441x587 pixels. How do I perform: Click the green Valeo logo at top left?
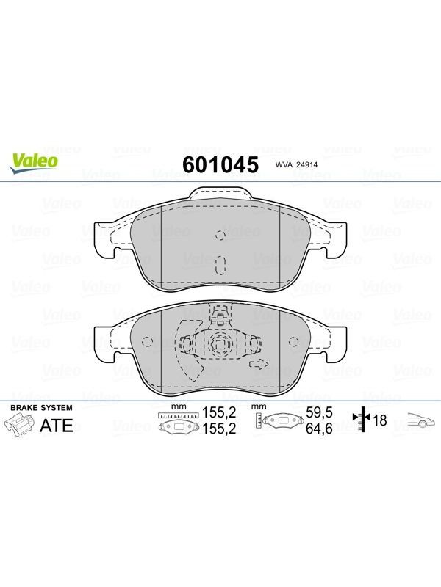[x=34, y=164]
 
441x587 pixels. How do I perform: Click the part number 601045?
[x=220, y=164]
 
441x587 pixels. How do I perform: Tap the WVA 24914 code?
[x=297, y=164]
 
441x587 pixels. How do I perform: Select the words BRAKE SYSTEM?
[x=41, y=408]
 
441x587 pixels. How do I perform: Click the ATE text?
[x=57, y=426]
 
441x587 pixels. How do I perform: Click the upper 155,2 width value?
[x=219, y=412]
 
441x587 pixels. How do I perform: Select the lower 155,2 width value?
[x=219, y=429]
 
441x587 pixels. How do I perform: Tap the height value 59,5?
[x=319, y=412]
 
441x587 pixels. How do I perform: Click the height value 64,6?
[x=319, y=429]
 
